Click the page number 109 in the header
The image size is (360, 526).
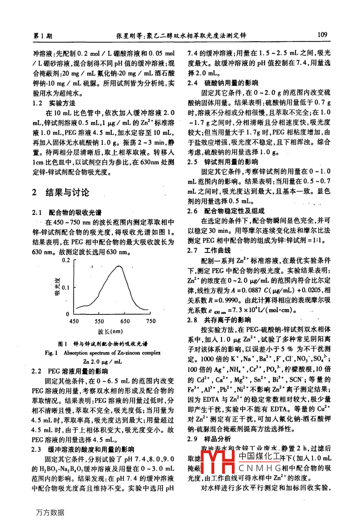click(323, 35)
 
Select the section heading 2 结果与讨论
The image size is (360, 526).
click(61, 192)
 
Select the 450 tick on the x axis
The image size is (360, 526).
click(74, 321)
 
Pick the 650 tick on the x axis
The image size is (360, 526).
click(125, 321)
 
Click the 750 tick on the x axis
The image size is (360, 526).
click(151, 321)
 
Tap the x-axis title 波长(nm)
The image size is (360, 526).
click(110, 332)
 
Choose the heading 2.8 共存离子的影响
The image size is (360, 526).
click(219, 320)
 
